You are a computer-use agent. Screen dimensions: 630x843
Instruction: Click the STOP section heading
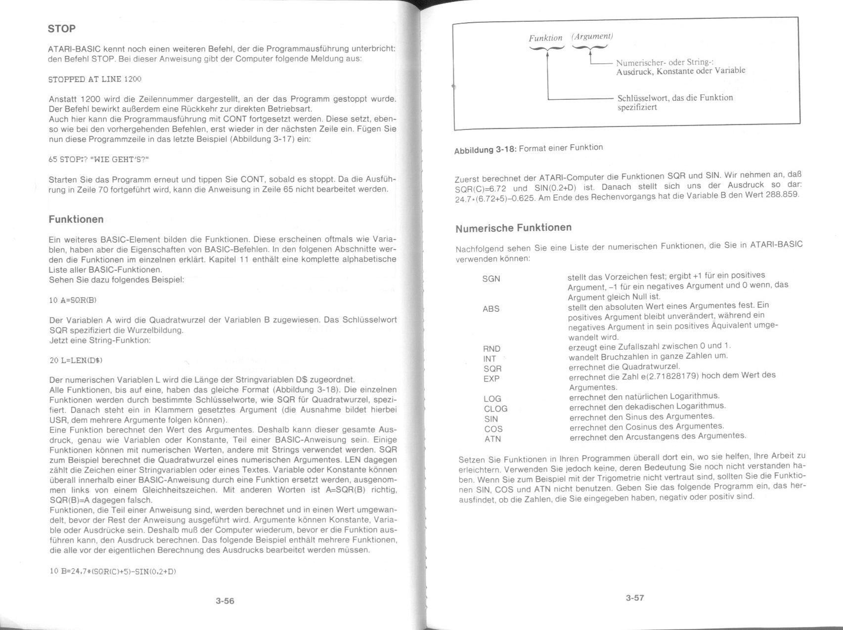pos(62,29)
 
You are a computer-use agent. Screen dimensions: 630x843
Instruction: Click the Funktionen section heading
pos(76,219)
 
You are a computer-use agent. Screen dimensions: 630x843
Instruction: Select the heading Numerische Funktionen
pos(513,228)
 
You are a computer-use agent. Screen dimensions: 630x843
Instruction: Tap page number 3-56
pos(225,601)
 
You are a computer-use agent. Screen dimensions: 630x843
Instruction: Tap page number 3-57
pos(635,598)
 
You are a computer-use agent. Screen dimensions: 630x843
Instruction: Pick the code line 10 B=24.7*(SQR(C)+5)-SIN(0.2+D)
pos(113,571)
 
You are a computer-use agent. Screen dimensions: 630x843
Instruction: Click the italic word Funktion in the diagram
pos(545,38)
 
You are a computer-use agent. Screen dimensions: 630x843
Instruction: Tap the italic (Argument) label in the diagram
pos(592,37)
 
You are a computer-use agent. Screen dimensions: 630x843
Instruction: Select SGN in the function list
pos(491,279)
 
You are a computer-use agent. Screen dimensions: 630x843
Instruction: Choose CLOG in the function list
pos(495,409)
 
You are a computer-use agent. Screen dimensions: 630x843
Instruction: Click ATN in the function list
pos(492,439)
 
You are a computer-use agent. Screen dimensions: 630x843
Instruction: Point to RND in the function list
pos(491,349)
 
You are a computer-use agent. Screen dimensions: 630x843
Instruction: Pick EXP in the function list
pos(491,379)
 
